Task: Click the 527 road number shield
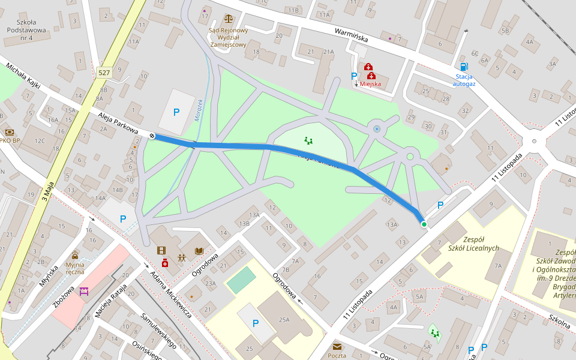104,73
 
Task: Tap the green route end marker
424,224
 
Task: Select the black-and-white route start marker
152,136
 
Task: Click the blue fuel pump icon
463,67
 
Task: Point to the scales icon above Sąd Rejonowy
228,19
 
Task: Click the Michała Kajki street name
22,75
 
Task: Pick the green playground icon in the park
308,141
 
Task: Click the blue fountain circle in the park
377,129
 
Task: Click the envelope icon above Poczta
337,347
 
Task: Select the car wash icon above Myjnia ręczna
75,254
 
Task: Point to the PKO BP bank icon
9,132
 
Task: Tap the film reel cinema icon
161,250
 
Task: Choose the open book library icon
199,251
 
